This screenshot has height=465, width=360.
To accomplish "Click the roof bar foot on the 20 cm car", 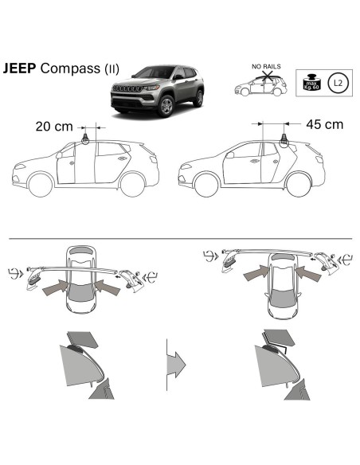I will pyautogui.click(x=84, y=140).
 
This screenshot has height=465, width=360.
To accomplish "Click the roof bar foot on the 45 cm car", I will pyautogui.click(x=281, y=141).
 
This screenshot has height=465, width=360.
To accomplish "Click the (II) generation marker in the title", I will pyautogui.click(x=112, y=69).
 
